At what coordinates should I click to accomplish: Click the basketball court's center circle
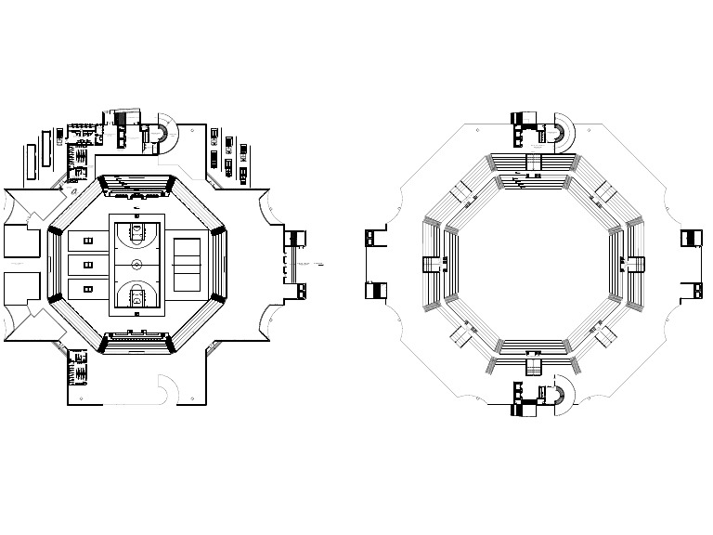[x=136, y=262]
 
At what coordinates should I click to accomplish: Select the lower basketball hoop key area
[x=136, y=296]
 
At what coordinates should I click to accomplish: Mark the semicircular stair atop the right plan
[x=565, y=136]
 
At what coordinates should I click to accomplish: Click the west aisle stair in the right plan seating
[x=433, y=264]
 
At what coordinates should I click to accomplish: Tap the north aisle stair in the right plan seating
[x=534, y=163]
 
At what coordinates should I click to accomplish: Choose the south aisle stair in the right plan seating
[x=534, y=364]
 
